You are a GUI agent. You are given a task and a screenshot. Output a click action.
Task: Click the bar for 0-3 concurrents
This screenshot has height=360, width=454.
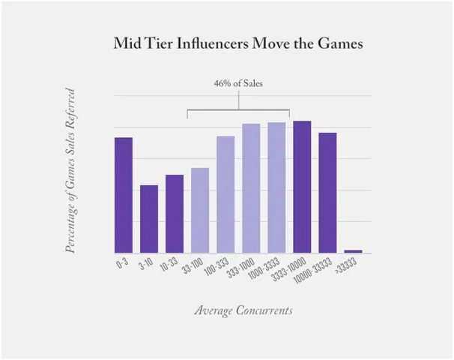[x=124, y=195]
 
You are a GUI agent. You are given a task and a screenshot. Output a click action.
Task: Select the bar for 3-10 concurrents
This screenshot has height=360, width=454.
[x=149, y=219]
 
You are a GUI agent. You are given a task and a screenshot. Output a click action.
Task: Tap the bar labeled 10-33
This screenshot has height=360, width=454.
[x=175, y=214]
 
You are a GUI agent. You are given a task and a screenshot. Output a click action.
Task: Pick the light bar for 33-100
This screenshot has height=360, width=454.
[x=200, y=210]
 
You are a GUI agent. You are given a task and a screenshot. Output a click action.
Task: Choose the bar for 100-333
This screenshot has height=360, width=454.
[x=226, y=194]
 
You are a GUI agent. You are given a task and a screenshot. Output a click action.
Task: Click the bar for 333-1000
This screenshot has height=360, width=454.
[x=251, y=188]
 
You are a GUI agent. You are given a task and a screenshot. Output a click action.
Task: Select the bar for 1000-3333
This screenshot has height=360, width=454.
[x=276, y=187]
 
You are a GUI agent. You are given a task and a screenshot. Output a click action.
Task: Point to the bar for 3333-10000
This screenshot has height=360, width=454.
[x=302, y=187]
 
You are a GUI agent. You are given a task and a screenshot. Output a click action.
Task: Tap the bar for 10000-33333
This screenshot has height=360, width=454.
[x=327, y=193]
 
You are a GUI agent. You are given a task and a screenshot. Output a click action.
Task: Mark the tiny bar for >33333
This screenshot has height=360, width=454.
[x=353, y=251]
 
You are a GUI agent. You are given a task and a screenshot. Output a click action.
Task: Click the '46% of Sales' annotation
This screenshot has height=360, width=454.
[x=237, y=84]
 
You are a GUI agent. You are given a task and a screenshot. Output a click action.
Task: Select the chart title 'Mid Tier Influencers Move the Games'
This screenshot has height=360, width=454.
[x=237, y=43]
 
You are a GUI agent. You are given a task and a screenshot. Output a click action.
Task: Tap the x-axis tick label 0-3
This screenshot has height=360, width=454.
[x=121, y=265]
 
